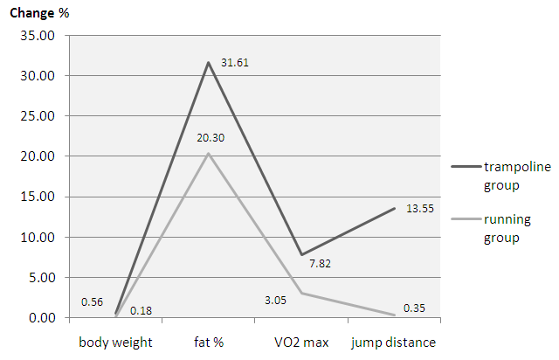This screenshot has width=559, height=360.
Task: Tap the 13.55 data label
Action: [422, 208]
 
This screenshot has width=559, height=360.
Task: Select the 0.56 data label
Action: [93, 301]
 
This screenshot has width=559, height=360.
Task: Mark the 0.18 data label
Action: [141, 310]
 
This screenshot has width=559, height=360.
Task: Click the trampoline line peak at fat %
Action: [208, 62]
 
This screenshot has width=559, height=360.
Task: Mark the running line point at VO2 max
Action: [300, 293]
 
